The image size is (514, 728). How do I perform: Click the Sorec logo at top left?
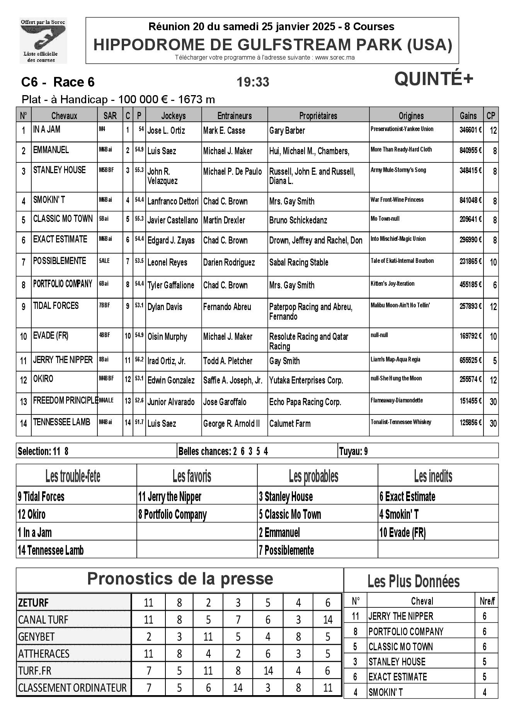pos(43,40)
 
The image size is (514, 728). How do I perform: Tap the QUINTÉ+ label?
pos(433,80)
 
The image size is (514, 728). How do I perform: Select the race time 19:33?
pos(253,82)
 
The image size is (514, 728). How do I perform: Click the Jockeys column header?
pos(174,116)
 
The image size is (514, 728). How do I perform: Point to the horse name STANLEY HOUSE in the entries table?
pos(60,170)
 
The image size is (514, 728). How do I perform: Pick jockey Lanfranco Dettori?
pos(173,201)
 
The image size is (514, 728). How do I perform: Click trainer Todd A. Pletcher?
pos(228,361)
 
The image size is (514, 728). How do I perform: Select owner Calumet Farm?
pos(289,424)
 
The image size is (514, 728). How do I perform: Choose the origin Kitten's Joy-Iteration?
pos(392,284)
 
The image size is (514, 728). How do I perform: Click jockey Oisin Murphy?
pos(167,337)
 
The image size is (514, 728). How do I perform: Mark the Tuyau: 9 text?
pos(353,451)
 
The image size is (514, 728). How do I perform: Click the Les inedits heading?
pos(433,476)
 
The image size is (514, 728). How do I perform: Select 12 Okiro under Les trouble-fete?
pos(32,515)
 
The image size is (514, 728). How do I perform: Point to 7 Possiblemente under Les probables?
pos(286,550)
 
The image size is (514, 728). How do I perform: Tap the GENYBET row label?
pos(36,637)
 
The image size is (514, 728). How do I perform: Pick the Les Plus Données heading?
pos(414,581)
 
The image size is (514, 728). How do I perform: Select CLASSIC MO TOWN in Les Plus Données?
pos(400,646)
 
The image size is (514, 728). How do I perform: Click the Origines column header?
pos(411,116)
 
